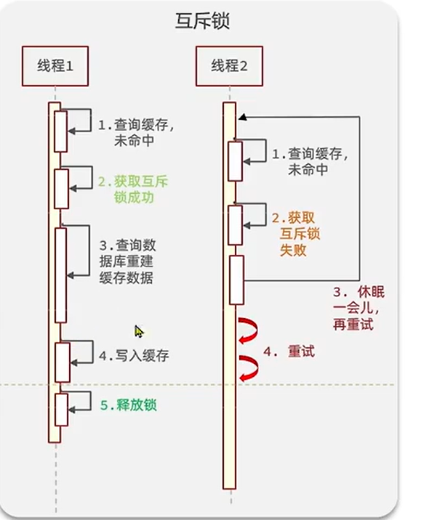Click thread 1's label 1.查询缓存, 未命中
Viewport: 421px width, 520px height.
coord(136,132)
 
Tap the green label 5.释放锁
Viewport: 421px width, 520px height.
coord(128,405)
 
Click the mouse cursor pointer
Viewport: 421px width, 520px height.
coord(138,331)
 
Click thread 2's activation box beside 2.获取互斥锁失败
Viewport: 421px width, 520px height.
coord(235,224)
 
